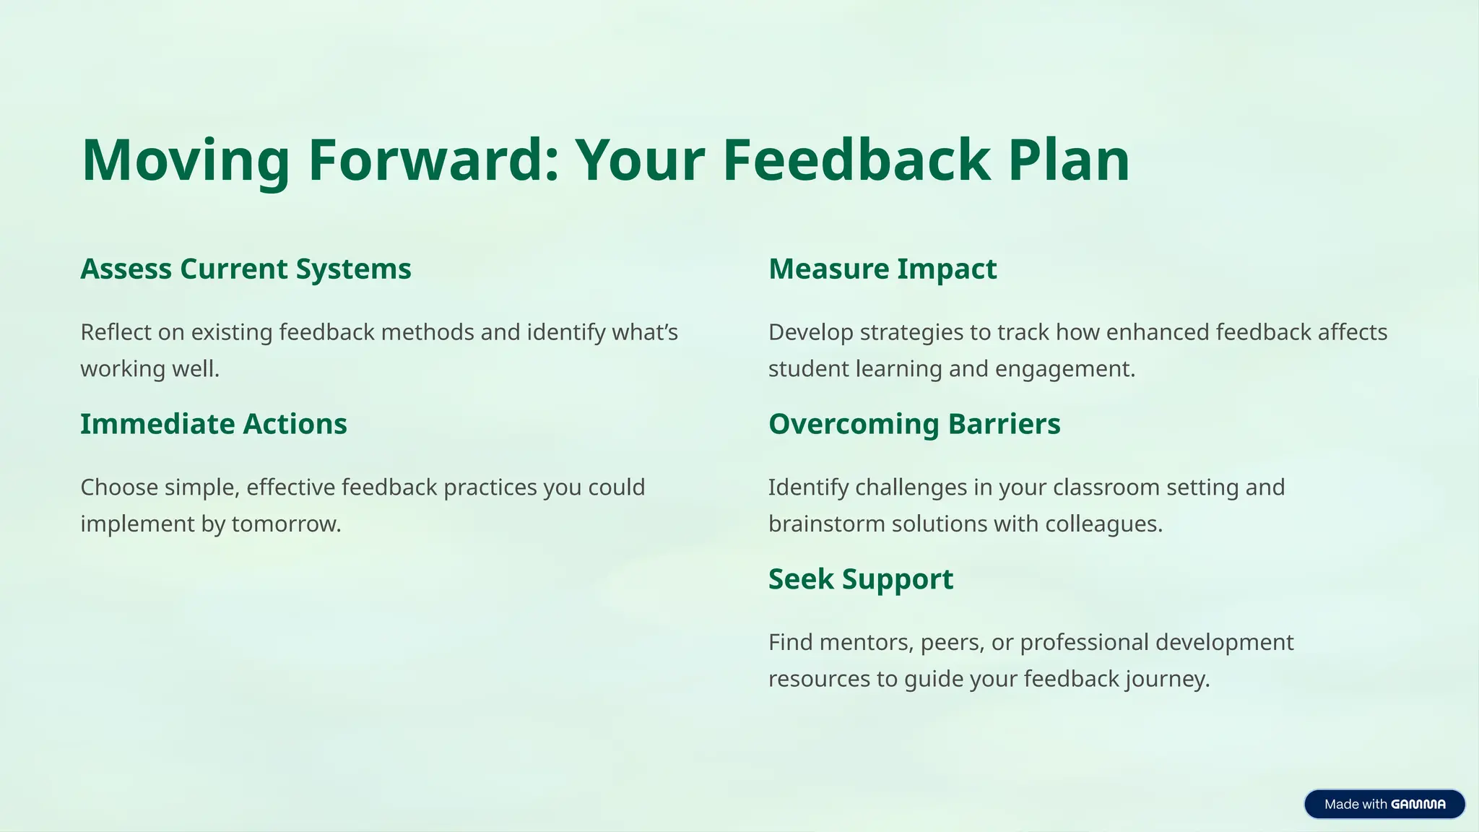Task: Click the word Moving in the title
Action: click(x=186, y=160)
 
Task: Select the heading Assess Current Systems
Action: click(x=246, y=269)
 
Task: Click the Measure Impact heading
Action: click(x=882, y=269)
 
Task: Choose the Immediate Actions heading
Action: click(x=214, y=424)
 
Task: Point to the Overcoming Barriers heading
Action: click(x=914, y=424)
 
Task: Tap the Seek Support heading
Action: click(x=861, y=579)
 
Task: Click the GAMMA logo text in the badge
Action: click(x=1418, y=805)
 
